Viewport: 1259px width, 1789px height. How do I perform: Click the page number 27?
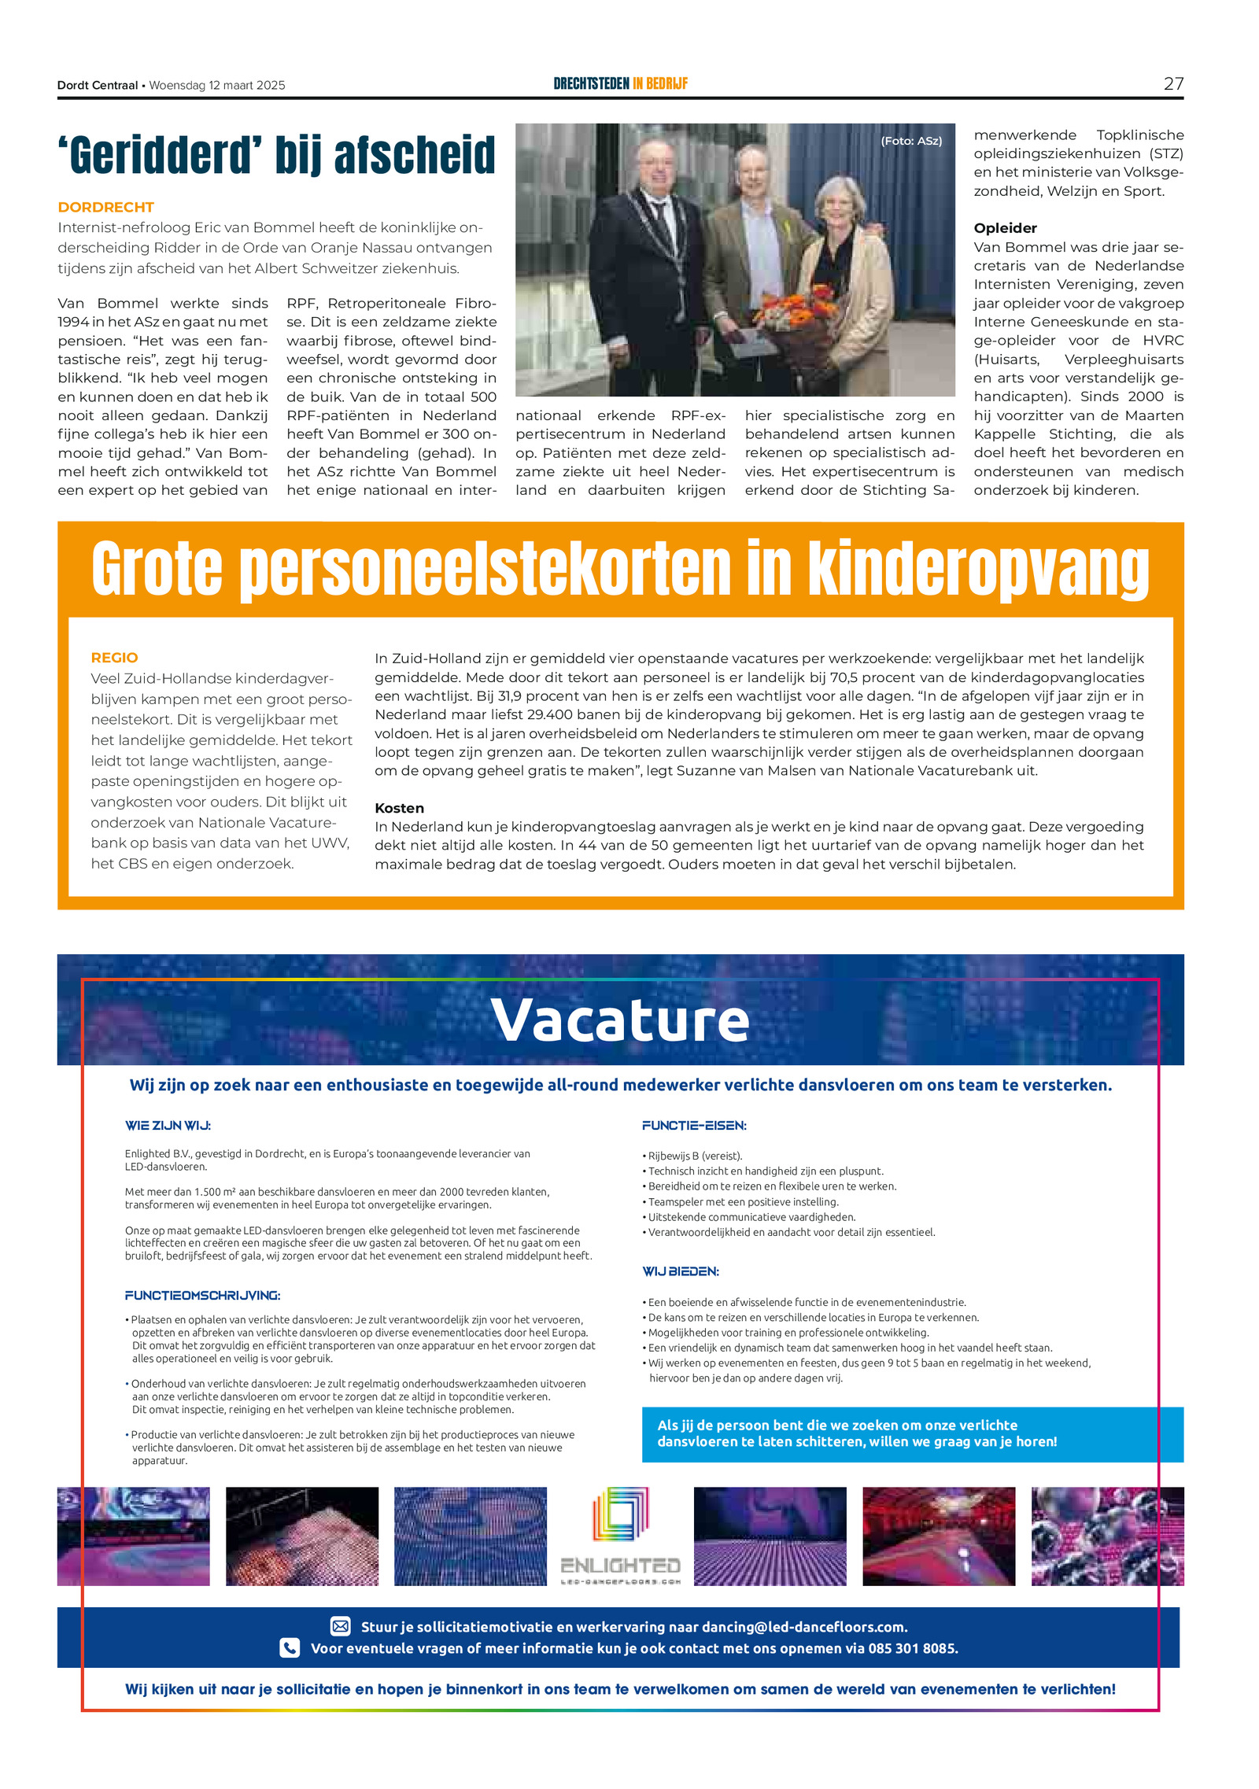(1172, 83)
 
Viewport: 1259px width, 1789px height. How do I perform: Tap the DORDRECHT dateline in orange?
(105, 207)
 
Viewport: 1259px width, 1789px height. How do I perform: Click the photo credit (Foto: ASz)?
(910, 141)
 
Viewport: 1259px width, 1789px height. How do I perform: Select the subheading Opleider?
(1005, 228)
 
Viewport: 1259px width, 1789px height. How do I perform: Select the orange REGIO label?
(114, 658)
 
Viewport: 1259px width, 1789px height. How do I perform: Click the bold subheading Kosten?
(399, 808)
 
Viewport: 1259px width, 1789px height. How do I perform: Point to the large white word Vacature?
(620, 1020)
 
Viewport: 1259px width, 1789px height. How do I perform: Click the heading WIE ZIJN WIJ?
(168, 1126)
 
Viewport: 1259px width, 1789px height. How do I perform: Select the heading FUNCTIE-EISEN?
(694, 1126)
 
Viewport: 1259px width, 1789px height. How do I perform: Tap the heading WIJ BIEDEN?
(681, 1271)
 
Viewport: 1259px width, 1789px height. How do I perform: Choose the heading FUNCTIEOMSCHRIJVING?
(202, 1295)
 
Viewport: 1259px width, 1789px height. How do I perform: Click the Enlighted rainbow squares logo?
(620, 1514)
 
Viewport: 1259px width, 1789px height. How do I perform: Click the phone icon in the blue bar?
(290, 1647)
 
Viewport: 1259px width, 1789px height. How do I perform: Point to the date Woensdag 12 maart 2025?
(217, 85)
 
